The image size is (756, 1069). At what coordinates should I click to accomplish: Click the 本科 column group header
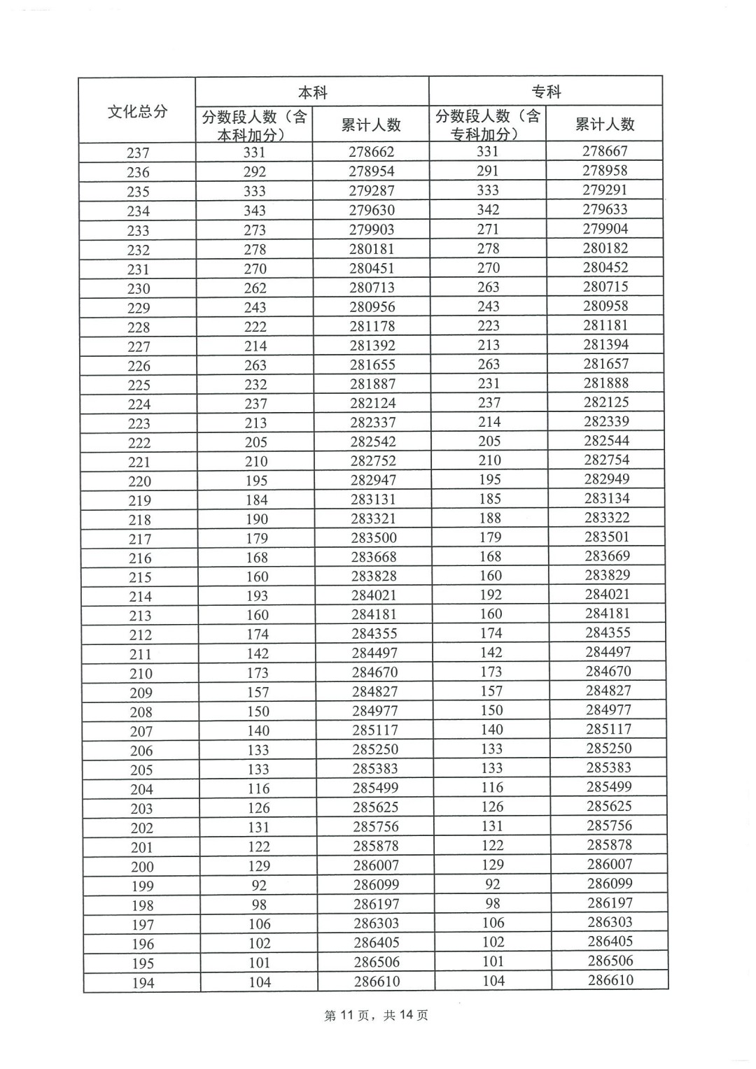click(x=312, y=92)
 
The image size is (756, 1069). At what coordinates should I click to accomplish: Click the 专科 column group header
click(x=546, y=92)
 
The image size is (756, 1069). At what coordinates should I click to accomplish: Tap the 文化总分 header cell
click(x=137, y=111)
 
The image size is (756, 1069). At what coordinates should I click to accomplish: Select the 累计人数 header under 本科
click(x=371, y=125)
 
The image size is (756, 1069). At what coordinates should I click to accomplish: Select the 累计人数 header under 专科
click(x=605, y=124)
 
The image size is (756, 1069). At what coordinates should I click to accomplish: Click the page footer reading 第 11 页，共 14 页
click(x=377, y=1015)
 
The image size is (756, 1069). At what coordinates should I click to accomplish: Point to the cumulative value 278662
click(x=372, y=152)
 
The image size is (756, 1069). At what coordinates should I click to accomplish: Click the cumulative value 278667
click(x=605, y=151)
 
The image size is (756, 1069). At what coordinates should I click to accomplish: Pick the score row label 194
click(x=143, y=983)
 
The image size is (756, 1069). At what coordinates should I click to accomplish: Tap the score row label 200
click(x=142, y=867)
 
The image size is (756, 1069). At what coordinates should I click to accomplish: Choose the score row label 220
click(x=139, y=481)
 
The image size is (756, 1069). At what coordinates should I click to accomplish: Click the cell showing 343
click(x=255, y=210)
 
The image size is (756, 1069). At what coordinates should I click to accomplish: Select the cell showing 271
click(x=488, y=229)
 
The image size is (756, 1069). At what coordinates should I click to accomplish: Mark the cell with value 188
click(x=490, y=518)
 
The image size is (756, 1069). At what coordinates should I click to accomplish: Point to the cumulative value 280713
click(x=372, y=288)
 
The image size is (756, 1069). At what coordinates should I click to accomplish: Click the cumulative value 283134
click(x=607, y=498)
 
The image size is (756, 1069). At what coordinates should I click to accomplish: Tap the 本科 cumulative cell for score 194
click(x=377, y=982)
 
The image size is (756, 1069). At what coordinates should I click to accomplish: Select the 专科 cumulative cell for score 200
click(x=610, y=865)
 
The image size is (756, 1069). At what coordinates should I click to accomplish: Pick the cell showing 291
click(x=488, y=171)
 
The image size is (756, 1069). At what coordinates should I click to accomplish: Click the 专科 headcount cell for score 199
click(x=493, y=884)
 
